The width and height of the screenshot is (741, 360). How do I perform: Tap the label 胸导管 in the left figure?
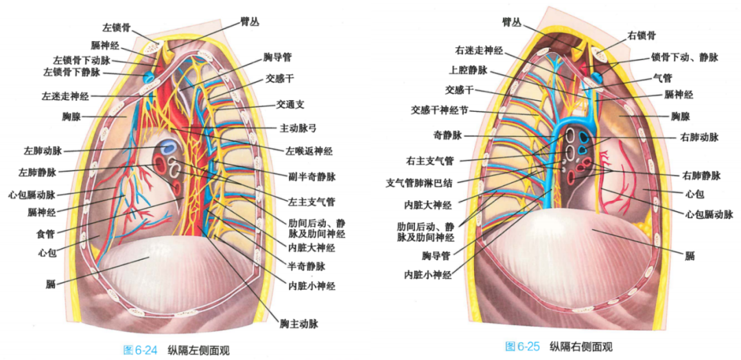pos(277,57)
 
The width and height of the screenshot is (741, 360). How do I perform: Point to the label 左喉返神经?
pos(308,150)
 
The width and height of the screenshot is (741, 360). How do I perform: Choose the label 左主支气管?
pos(312,202)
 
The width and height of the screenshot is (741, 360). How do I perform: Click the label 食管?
pos(45,233)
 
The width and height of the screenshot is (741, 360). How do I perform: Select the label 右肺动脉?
pos(701,137)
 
